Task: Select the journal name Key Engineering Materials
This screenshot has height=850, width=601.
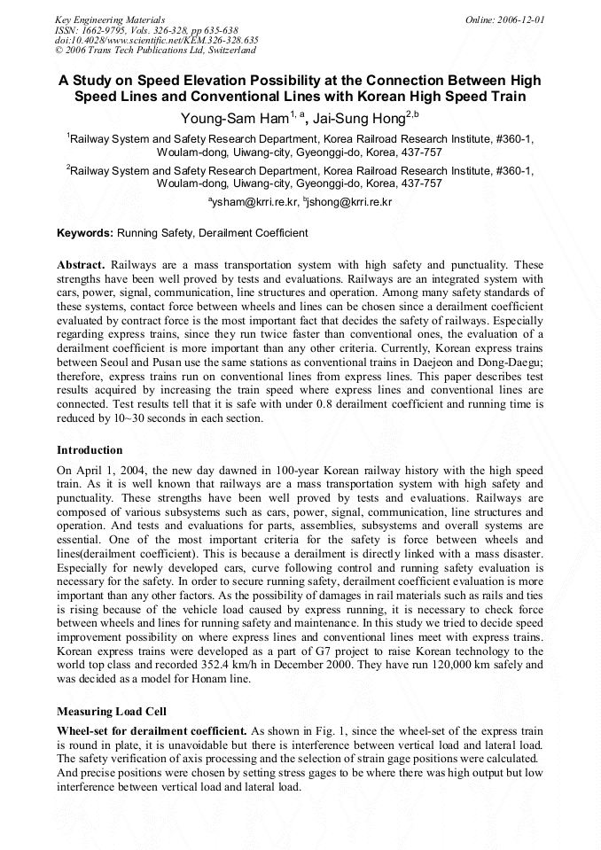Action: coord(109,19)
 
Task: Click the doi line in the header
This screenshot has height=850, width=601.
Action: coord(156,40)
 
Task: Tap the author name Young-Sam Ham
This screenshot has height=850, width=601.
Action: coord(226,117)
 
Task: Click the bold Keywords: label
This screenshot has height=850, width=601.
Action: coord(85,233)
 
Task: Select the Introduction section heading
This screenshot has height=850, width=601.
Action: coord(90,450)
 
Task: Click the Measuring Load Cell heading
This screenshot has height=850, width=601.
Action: coord(111,711)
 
